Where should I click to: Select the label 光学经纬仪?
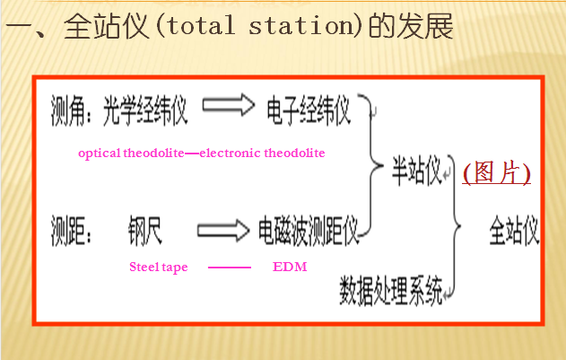pyautogui.click(x=145, y=110)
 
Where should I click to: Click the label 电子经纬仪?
pyautogui.click(x=308, y=110)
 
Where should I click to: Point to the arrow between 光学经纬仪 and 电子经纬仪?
pyautogui.click(x=229, y=108)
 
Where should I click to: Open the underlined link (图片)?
pyautogui.click(x=496, y=172)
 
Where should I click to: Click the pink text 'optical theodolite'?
pyautogui.click(x=132, y=154)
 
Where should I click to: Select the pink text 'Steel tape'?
pyautogui.click(x=159, y=268)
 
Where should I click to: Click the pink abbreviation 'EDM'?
pyautogui.click(x=290, y=268)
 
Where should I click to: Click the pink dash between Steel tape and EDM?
pyautogui.click(x=229, y=268)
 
